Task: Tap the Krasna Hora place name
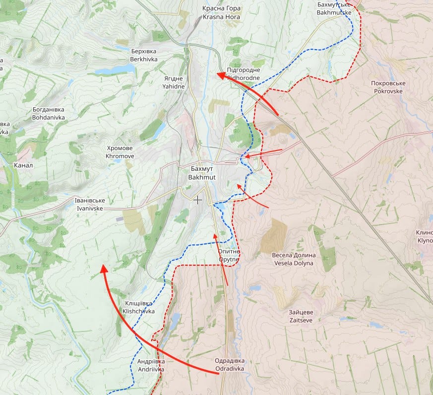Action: point(221,13)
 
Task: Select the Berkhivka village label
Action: point(144,55)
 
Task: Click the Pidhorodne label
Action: point(244,74)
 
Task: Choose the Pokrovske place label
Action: point(388,87)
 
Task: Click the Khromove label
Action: point(120,152)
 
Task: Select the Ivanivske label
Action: point(89,205)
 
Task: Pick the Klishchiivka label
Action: point(138,308)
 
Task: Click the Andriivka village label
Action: point(151,365)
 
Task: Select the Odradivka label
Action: point(230,365)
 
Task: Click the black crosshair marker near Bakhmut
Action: point(198,200)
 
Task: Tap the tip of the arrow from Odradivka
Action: point(103,267)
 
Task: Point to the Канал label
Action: point(24,165)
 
